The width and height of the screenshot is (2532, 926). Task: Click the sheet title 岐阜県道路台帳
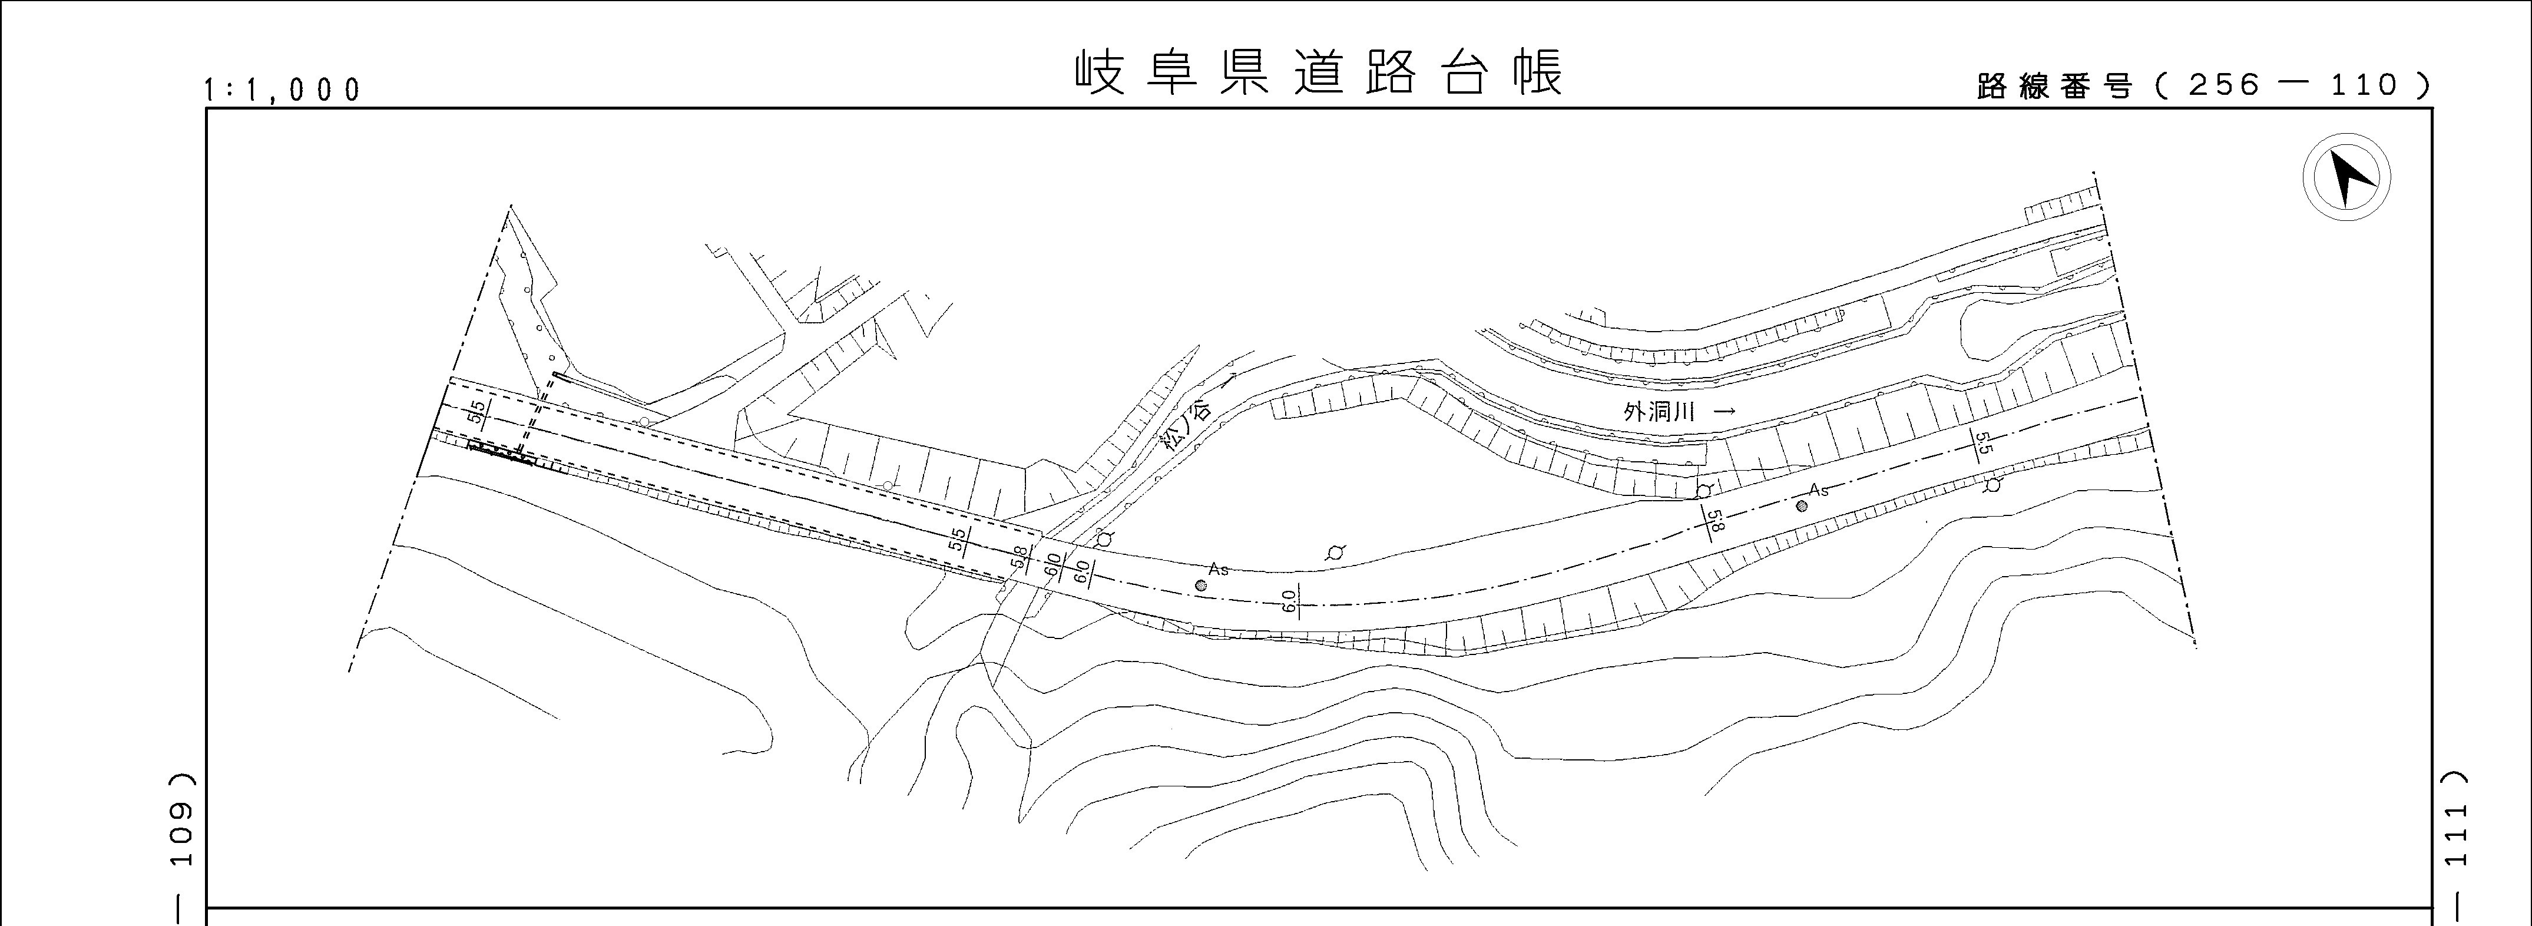pyautogui.click(x=1317, y=72)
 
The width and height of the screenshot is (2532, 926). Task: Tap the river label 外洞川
pyautogui.click(x=1659, y=412)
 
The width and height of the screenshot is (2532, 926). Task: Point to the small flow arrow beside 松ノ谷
pyautogui.click(x=1227, y=381)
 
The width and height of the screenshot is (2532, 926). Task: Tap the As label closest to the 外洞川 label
pyautogui.click(x=1818, y=490)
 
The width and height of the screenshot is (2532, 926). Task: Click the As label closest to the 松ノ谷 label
pyautogui.click(x=1219, y=569)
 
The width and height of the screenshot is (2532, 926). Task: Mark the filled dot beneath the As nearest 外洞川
pyautogui.click(x=1800, y=506)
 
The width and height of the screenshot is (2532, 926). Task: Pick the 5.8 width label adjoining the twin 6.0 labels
pyautogui.click(x=1020, y=558)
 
